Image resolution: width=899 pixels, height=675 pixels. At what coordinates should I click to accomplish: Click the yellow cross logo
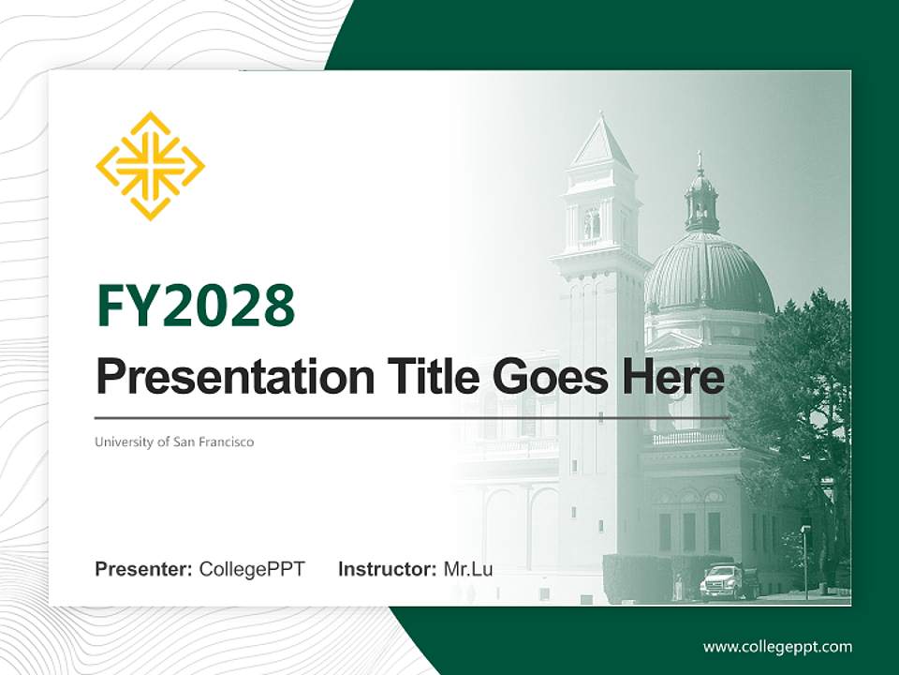(150, 166)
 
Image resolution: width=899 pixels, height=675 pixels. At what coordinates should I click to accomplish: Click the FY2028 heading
(195, 306)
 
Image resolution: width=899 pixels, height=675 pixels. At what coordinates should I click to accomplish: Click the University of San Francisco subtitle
(174, 442)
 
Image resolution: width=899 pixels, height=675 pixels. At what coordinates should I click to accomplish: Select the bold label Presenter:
(144, 569)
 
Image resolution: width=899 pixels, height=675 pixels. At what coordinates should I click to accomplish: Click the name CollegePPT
(252, 569)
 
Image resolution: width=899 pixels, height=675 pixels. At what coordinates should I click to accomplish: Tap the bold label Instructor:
(387, 569)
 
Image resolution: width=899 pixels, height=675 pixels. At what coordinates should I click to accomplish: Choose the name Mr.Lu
(468, 569)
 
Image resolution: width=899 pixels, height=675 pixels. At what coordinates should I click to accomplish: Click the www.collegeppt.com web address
(777, 647)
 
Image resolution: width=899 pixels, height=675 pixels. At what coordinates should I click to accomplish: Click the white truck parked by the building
(730, 581)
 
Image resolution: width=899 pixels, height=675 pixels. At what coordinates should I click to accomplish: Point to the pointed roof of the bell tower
(600, 143)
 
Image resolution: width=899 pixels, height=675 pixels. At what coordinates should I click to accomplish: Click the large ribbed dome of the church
(709, 274)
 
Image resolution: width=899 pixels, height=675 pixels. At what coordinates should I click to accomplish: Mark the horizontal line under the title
(412, 417)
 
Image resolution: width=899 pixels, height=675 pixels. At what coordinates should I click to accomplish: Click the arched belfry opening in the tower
(593, 223)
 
